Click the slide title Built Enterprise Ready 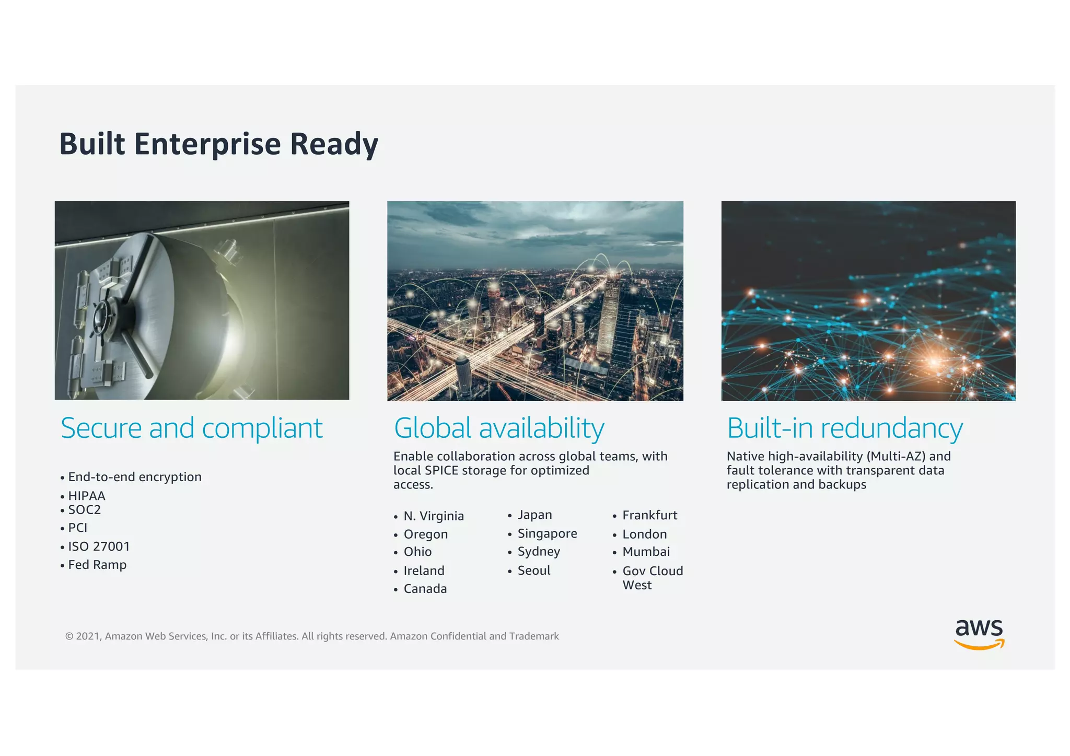[x=218, y=144]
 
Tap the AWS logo [x=979, y=633]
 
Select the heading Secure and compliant [x=191, y=428]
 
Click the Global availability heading [x=499, y=428]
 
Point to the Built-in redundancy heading [x=845, y=428]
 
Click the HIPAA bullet [x=87, y=495]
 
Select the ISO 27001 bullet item [x=99, y=546]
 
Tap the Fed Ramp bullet [x=97, y=564]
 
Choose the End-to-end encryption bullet [x=134, y=476]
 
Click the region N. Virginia [x=433, y=516]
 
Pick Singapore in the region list [x=547, y=533]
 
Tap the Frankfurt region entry [x=649, y=515]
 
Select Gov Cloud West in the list [x=652, y=577]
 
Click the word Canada [x=425, y=588]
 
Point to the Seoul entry [x=533, y=570]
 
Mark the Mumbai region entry [x=646, y=551]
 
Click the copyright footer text [x=312, y=636]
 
